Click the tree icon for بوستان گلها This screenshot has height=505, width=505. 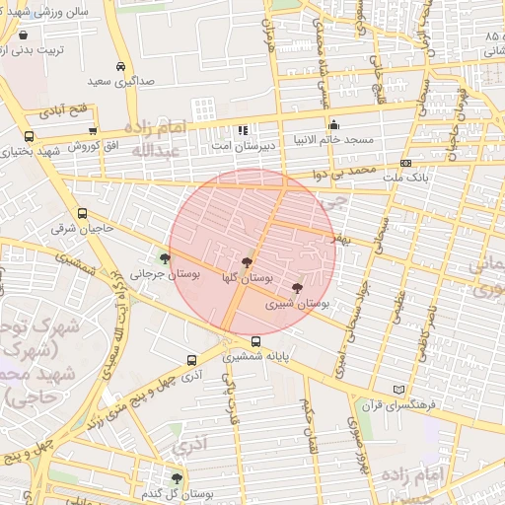[x=246, y=262]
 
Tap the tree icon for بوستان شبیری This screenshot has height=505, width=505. [x=298, y=287]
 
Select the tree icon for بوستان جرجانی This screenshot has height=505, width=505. [x=163, y=259]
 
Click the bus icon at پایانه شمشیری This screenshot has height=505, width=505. [x=256, y=341]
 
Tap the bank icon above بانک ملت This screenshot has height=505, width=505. [x=405, y=163]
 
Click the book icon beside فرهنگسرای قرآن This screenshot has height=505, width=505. [x=398, y=390]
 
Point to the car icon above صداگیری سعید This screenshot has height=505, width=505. [x=120, y=66]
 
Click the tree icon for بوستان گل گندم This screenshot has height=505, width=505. [x=177, y=479]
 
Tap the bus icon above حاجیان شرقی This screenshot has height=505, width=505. [x=82, y=212]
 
